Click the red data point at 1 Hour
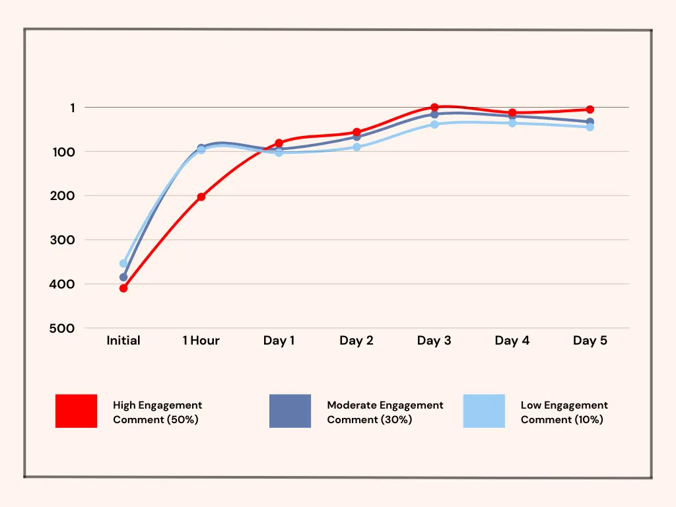point(201,197)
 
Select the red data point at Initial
point(123,288)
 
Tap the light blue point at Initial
point(123,263)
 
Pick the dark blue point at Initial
point(123,277)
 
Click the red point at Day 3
point(434,107)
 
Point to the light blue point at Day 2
point(356,147)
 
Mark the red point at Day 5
point(590,110)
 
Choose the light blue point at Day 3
point(434,125)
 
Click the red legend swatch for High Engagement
point(76,411)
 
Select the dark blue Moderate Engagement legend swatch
point(290,411)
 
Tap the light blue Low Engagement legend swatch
point(484,411)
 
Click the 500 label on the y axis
point(62,328)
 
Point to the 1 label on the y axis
point(73,108)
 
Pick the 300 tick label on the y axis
point(62,240)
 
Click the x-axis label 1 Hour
point(201,341)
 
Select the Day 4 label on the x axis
point(512,341)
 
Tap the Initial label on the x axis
point(123,341)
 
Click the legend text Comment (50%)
point(156,420)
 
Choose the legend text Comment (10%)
point(562,420)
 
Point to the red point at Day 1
point(279,143)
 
